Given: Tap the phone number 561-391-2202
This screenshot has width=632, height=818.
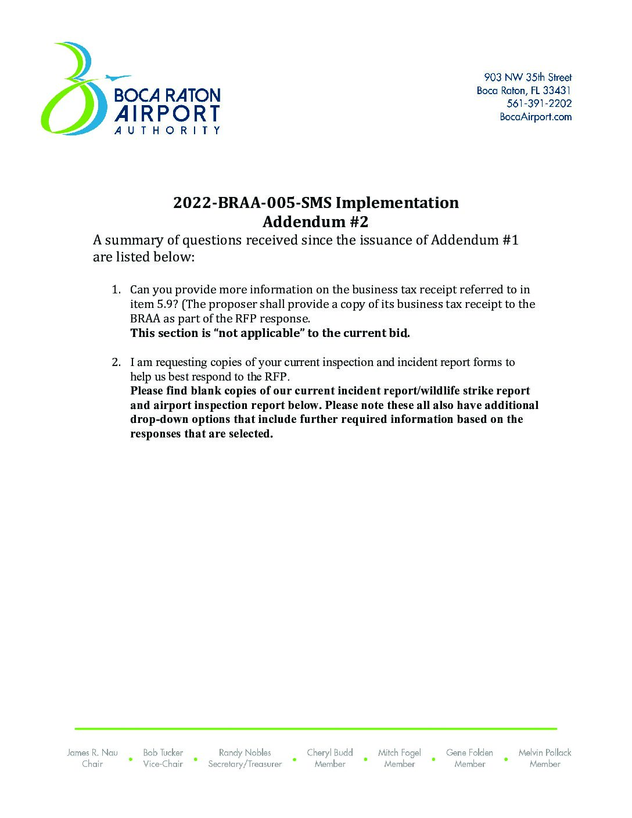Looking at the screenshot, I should pyautogui.click(x=539, y=103).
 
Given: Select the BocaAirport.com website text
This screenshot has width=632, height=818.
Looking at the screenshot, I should pyautogui.click(x=536, y=117).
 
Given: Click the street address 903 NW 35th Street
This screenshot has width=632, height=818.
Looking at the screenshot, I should pyautogui.click(x=527, y=77).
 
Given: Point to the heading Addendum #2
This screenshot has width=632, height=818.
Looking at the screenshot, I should pyautogui.click(x=315, y=222).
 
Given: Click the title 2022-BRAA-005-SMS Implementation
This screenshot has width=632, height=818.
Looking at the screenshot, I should pyautogui.click(x=315, y=203).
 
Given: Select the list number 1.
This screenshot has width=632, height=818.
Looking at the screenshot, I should pyautogui.click(x=116, y=289).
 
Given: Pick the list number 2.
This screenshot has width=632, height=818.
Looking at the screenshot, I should pyautogui.click(x=116, y=362).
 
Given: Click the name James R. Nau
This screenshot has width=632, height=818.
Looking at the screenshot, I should pyautogui.click(x=92, y=752).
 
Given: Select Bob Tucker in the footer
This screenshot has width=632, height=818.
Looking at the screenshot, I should pyautogui.click(x=163, y=752).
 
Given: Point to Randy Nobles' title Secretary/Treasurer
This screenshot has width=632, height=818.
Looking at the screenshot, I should pyautogui.click(x=245, y=764).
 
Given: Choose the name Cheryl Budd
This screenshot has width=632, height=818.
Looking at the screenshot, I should pyautogui.click(x=330, y=752).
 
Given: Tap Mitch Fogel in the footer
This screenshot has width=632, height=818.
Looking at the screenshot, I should pyautogui.click(x=400, y=752).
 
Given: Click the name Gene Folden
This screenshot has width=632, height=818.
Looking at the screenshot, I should pyautogui.click(x=469, y=752).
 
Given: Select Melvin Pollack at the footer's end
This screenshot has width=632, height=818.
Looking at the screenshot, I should pyautogui.click(x=545, y=752).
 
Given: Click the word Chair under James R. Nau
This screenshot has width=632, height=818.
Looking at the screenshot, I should pyautogui.click(x=92, y=764).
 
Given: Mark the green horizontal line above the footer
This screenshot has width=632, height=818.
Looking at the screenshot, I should pyautogui.click(x=315, y=728).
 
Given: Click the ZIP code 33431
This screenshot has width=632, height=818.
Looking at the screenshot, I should pyautogui.click(x=557, y=91).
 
